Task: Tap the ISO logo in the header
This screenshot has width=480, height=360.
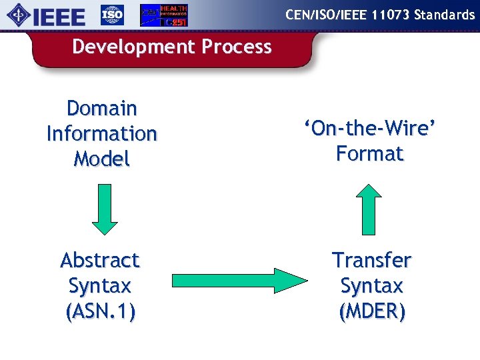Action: [x=112, y=15]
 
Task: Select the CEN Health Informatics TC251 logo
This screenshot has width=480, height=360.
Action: [x=163, y=15]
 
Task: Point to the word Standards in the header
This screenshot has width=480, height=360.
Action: [x=444, y=14]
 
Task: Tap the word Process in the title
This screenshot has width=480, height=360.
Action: [x=237, y=47]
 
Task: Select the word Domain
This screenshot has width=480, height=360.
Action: [x=102, y=108]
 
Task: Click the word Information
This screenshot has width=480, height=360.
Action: [x=102, y=133]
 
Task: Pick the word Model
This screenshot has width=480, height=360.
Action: [x=102, y=159]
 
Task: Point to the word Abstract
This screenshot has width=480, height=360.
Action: [x=100, y=260]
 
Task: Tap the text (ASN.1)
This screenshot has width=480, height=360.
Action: [x=101, y=311]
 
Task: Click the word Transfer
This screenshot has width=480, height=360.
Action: [x=371, y=260]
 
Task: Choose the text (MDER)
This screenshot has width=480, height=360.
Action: [x=371, y=311]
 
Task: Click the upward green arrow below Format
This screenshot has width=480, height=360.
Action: [x=371, y=213]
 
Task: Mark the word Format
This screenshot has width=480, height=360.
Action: [x=371, y=154]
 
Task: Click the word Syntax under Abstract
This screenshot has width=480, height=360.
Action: [x=100, y=286]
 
